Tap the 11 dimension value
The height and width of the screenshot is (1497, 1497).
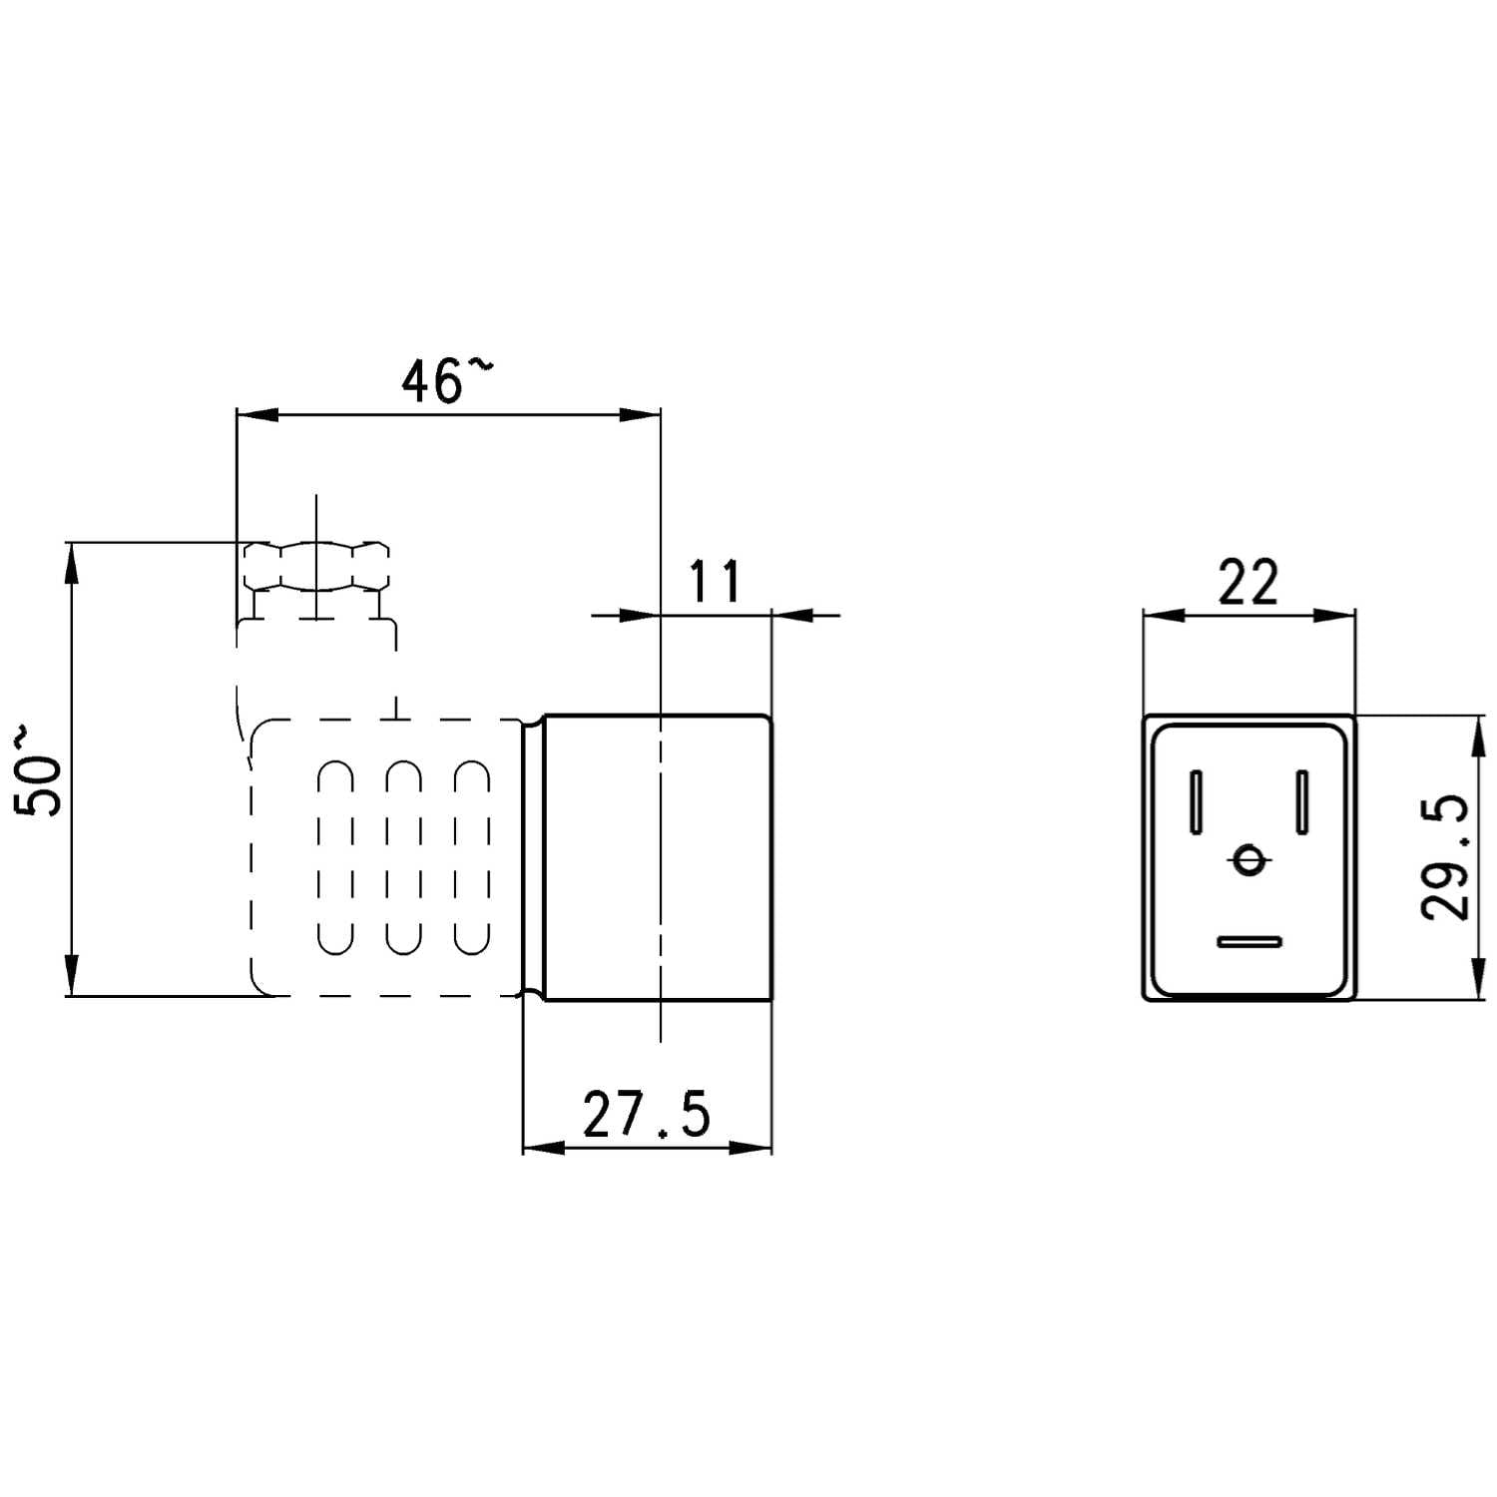pyautogui.click(x=715, y=582)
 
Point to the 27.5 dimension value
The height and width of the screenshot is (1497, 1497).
pyautogui.click(x=647, y=1115)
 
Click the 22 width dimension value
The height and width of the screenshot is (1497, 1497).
pyautogui.click(x=1248, y=583)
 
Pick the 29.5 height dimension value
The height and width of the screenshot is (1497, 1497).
pyautogui.click(x=1444, y=856)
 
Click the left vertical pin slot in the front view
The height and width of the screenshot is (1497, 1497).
pyautogui.click(x=1196, y=801)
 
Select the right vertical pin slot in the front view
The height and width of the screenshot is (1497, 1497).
pyautogui.click(x=1301, y=801)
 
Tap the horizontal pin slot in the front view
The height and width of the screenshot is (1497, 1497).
pyautogui.click(x=1248, y=941)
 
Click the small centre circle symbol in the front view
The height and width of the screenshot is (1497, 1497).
pyautogui.click(x=1248, y=858)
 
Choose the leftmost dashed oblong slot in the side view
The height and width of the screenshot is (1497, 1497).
pyautogui.click(x=335, y=857)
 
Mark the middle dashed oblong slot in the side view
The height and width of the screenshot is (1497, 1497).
pyautogui.click(x=403, y=857)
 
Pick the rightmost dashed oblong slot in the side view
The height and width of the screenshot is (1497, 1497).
pyautogui.click(x=471, y=857)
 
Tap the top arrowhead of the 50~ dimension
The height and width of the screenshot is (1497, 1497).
pyautogui.click(x=72, y=564)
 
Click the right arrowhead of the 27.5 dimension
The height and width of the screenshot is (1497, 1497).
pyautogui.click(x=750, y=1148)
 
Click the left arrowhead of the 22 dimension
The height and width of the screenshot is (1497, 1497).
pyautogui.click(x=1164, y=615)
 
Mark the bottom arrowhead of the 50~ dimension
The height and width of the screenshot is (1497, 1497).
pyautogui.click(x=72, y=974)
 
